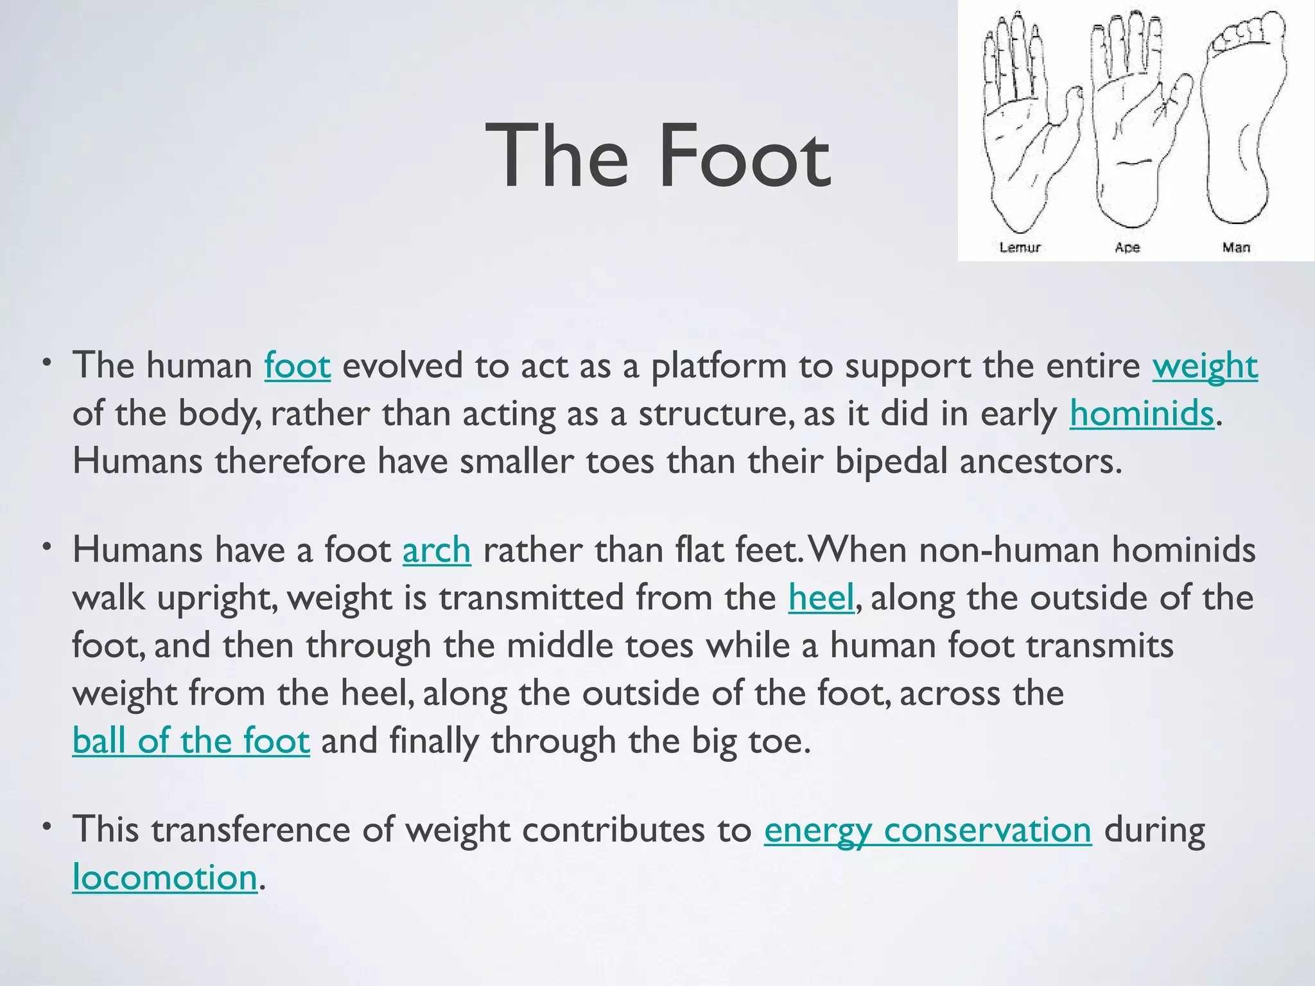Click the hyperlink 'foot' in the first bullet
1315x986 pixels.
tap(297, 366)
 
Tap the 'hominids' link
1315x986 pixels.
tap(1141, 413)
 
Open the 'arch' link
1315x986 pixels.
tap(437, 551)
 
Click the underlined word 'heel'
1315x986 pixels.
tap(821, 598)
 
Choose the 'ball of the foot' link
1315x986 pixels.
tap(191, 741)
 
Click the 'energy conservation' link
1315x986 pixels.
tap(927, 830)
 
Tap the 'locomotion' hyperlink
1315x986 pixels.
tap(164, 878)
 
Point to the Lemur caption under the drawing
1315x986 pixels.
tap(1020, 247)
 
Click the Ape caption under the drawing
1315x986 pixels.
tap(1127, 247)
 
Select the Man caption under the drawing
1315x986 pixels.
tap(1236, 247)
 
